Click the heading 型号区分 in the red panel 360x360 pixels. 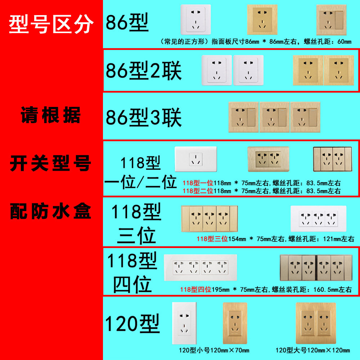[x=51, y=25]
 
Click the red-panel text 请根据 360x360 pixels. [x=50, y=116]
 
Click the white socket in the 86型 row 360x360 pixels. [x=196, y=20]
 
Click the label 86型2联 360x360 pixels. [x=144, y=71]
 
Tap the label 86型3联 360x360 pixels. [x=144, y=118]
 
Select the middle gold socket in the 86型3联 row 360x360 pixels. [x=274, y=117]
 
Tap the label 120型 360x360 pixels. [x=132, y=324]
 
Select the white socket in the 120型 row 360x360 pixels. [x=184, y=323]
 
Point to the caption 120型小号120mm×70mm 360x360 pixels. [x=214, y=350]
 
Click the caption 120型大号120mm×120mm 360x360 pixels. [x=312, y=350]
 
